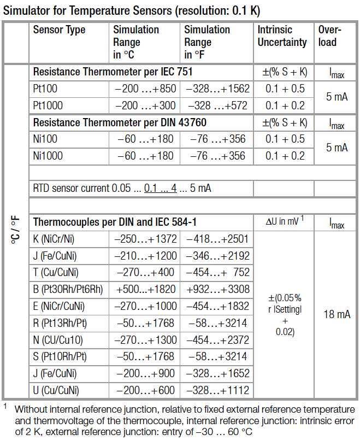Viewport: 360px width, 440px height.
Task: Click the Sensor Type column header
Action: pyautogui.click(x=59, y=30)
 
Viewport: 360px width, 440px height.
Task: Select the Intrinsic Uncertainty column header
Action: pyautogui.click(x=282, y=36)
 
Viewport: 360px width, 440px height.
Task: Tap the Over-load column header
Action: pyautogui.click(x=329, y=36)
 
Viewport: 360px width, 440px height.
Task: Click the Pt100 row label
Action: pyautogui.click(x=45, y=89)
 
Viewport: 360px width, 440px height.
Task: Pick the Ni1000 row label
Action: pyautogui.click(x=48, y=156)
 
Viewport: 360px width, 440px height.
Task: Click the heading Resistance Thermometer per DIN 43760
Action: pyautogui.click(x=120, y=122)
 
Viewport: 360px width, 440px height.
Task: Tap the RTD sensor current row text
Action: pyautogui.click(x=122, y=189)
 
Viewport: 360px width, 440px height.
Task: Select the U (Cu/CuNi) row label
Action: pyautogui.click(x=56, y=390)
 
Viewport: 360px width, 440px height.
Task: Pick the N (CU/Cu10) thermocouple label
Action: pyautogui.click(x=58, y=340)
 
